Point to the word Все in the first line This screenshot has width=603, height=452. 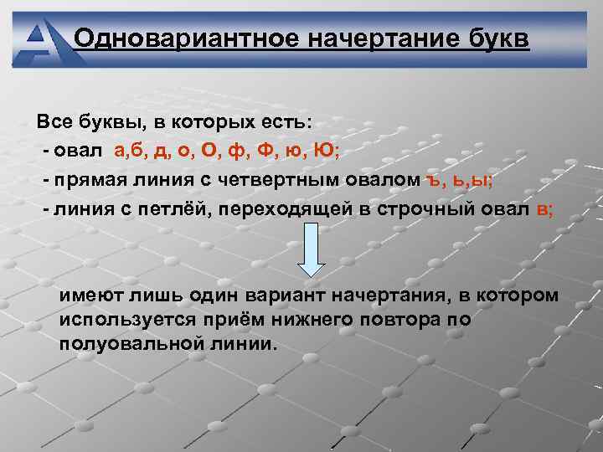tap(54, 122)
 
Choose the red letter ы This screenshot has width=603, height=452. tap(482, 179)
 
